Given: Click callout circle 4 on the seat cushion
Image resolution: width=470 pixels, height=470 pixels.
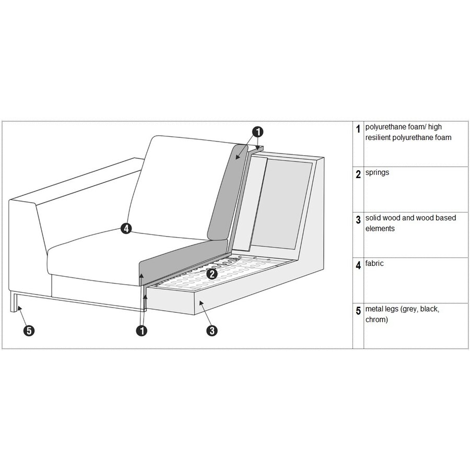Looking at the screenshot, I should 126,228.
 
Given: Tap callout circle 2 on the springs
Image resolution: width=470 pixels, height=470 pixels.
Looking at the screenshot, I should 212,273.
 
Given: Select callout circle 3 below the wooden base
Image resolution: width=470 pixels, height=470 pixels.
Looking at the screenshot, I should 212,331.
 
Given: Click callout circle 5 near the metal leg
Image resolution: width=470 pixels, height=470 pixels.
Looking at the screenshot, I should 29,331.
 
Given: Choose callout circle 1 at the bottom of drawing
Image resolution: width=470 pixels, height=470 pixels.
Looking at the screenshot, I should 140,331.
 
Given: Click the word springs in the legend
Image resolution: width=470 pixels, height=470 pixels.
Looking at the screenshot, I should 377,172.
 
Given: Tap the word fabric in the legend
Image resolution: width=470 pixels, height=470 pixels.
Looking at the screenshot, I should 374,263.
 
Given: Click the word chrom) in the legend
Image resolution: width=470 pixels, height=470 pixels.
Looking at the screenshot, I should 377,319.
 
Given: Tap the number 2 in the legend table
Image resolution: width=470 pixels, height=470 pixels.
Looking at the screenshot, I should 358,174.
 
